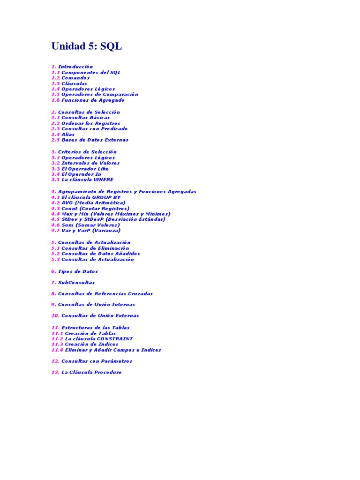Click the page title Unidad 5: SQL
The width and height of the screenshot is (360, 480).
pyautogui.click(x=86, y=46)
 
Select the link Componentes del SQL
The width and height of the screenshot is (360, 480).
pyautogui.click(x=91, y=73)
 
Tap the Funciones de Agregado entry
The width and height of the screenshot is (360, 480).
pyautogui.click(x=93, y=100)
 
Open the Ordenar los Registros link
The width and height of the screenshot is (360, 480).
pyautogui.click(x=90, y=123)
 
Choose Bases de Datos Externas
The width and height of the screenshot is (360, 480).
pyautogui.click(x=95, y=140)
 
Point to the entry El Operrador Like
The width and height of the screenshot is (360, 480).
pyautogui.click(x=85, y=169)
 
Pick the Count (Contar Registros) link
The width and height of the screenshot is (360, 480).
pyautogui.click(x=95, y=209)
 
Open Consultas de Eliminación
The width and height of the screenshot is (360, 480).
pyautogui.click(x=95, y=248)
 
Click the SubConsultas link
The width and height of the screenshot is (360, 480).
pyautogui.click(x=76, y=283)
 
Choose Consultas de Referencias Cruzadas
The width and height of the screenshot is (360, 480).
pyautogui.click(x=105, y=294)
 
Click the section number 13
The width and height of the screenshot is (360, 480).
pyautogui.click(x=55, y=373)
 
